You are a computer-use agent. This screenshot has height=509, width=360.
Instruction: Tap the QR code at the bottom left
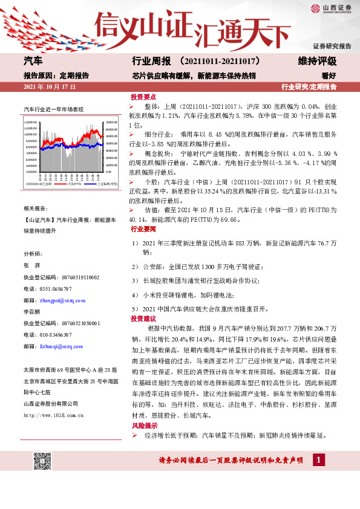click(x=42, y=461)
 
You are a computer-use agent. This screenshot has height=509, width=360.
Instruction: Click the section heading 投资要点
click(x=143, y=97)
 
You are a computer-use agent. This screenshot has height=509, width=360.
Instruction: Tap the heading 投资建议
click(x=143, y=318)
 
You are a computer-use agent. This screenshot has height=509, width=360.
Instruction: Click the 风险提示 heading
click(x=143, y=425)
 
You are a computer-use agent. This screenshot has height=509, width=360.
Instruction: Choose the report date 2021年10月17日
click(x=50, y=87)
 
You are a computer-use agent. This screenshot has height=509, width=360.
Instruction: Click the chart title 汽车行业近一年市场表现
click(x=53, y=109)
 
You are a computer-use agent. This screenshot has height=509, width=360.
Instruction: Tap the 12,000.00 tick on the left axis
click(x=33, y=123)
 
